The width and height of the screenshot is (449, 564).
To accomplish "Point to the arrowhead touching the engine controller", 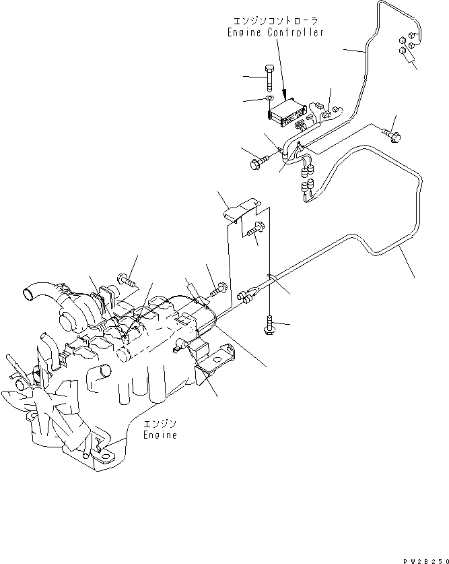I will (x=286, y=94).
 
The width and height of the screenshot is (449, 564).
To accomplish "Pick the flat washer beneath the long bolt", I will (x=268, y=100).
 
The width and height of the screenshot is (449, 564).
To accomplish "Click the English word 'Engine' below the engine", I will (x=160, y=435).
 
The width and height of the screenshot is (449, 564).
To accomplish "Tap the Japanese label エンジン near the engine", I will (x=160, y=424).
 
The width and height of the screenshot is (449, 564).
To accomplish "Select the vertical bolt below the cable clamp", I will (x=269, y=326).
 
